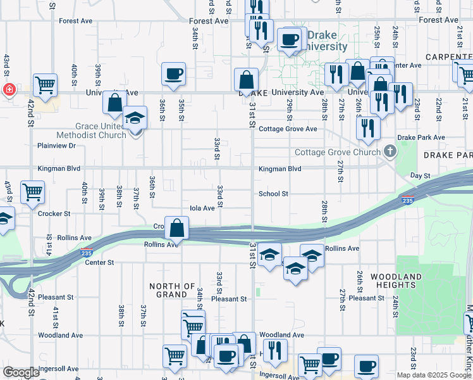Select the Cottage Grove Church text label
point(337,152)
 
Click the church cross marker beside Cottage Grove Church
point(390,151)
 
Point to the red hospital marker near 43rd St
point(9,89)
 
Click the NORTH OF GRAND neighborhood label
point(172,290)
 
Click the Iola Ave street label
point(202,208)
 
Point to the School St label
point(273,194)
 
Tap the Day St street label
point(420,175)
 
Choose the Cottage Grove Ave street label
point(288,129)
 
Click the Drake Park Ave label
point(421,137)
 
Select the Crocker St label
point(54,213)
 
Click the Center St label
point(99,262)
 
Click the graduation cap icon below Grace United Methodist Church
point(134,118)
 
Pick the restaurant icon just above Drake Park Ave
point(367,128)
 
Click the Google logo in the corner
point(21,372)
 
